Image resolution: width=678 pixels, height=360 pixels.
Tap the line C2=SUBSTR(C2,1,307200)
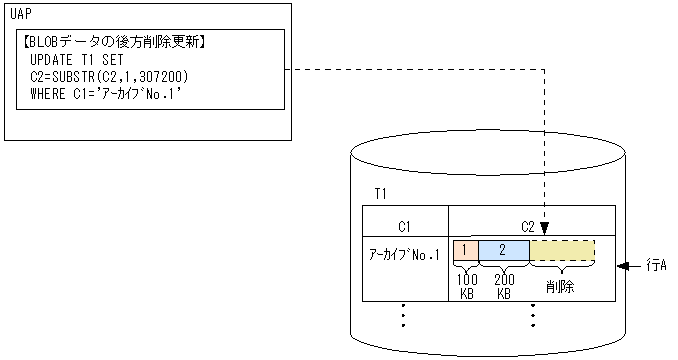tap(110, 76)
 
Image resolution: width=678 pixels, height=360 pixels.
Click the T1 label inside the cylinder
tap(382, 192)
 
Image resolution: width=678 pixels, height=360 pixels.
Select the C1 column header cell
tap(404, 225)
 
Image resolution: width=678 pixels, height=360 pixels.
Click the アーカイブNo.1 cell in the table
tap(404, 255)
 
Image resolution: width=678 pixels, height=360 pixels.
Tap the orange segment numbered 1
tap(465, 250)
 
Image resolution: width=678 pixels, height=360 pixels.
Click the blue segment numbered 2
tap(503, 250)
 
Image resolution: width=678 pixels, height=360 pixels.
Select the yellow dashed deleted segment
tap(561, 250)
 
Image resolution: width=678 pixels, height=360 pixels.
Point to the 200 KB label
tap(504, 286)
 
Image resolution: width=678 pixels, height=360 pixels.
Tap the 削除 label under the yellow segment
tap(560, 285)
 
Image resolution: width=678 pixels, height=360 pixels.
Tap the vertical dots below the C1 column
tap(404, 315)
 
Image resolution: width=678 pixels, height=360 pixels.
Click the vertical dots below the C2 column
tap(533, 315)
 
